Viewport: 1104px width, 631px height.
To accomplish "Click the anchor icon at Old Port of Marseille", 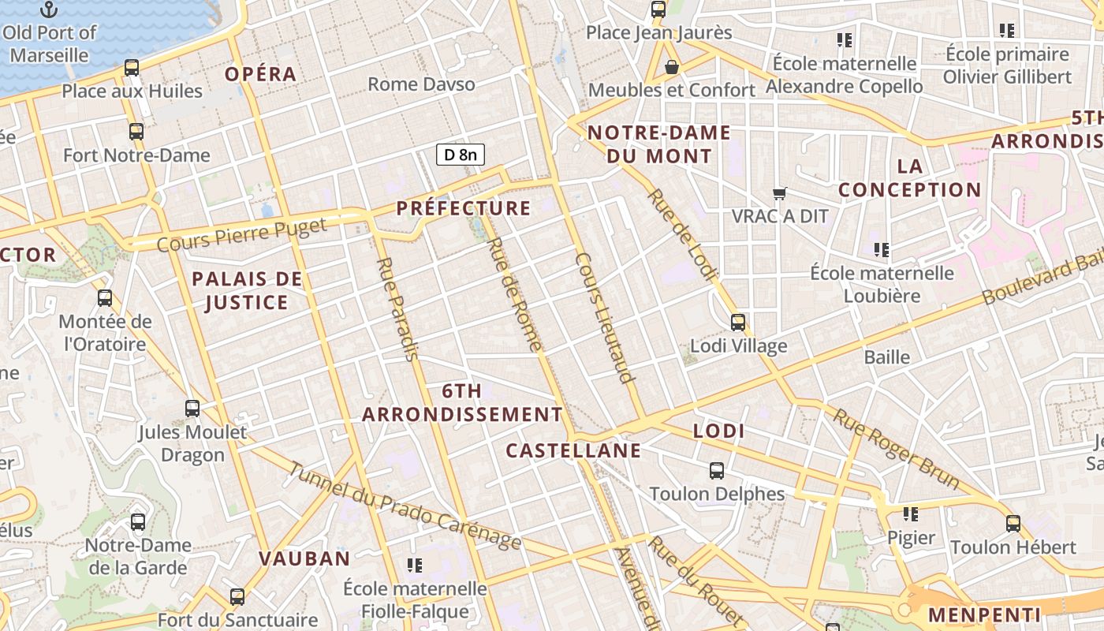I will tap(50, 9).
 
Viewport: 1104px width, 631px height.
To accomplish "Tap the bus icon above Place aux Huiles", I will tap(132, 68).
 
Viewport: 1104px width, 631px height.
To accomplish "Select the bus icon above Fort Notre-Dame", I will tap(136, 132).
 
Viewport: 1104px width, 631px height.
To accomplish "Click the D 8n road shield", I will tap(461, 155).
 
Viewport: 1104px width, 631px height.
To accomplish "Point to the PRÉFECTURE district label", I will tap(464, 208).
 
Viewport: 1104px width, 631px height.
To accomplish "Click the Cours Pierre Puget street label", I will tap(241, 236).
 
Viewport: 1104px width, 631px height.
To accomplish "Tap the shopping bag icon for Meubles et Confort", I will tap(672, 67).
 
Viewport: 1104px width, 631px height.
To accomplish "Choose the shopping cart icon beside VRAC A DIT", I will tap(779, 193).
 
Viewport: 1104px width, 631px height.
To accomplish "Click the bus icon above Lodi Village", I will tap(738, 322).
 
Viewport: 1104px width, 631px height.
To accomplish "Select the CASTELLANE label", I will tap(573, 450).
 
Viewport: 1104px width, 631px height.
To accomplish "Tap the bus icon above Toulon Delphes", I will tap(717, 471).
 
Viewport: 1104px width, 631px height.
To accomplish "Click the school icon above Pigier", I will tap(911, 514).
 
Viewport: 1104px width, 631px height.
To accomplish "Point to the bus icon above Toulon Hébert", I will tap(1013, 523).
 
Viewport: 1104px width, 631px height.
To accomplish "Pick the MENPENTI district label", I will tap(984, 614).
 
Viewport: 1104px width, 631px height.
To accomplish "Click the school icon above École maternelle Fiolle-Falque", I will tap(415, 565).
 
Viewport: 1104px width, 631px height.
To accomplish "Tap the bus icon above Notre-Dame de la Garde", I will tap(138, 521).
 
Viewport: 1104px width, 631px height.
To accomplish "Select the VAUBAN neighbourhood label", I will tap(304, 558).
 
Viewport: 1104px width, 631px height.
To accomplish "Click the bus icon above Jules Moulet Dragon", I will tap(192, 409).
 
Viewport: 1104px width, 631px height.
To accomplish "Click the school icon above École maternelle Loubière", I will tap(882, 250).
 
